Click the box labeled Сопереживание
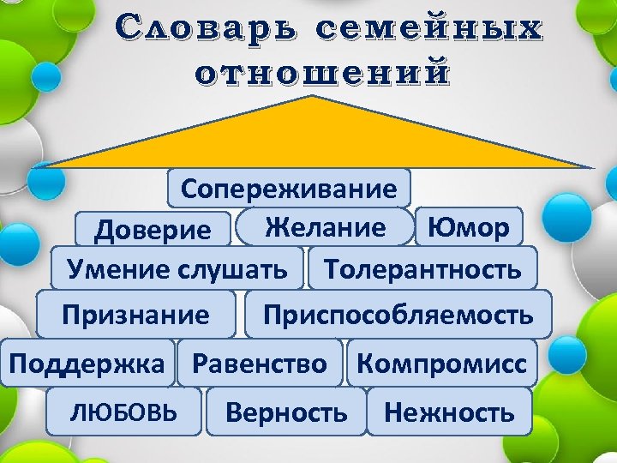pyautogui.click(x=290, y=189)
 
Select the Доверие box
pyautogui.click(x=153, y=230)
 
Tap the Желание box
pyautogui.click(x=325, y=226)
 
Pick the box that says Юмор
pyautogui.click(x=468, y=226)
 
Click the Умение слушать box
pyautogui.click(x=177, y=269)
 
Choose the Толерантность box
pyautogui.click(x=422, y=269)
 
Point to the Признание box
pyautogui.click(x=135, y=315)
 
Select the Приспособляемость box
pyautogui.click(x=398, y=315)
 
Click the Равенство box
pyautogui.click(x=260, y=364)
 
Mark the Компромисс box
pyautogui.click(x=441, y=364)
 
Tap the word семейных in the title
pyautogui.click(x=428, y=28)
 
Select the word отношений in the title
pyautogui.click(x=321, y=73)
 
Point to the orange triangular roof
pyautogui.click(x=317, y=137)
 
